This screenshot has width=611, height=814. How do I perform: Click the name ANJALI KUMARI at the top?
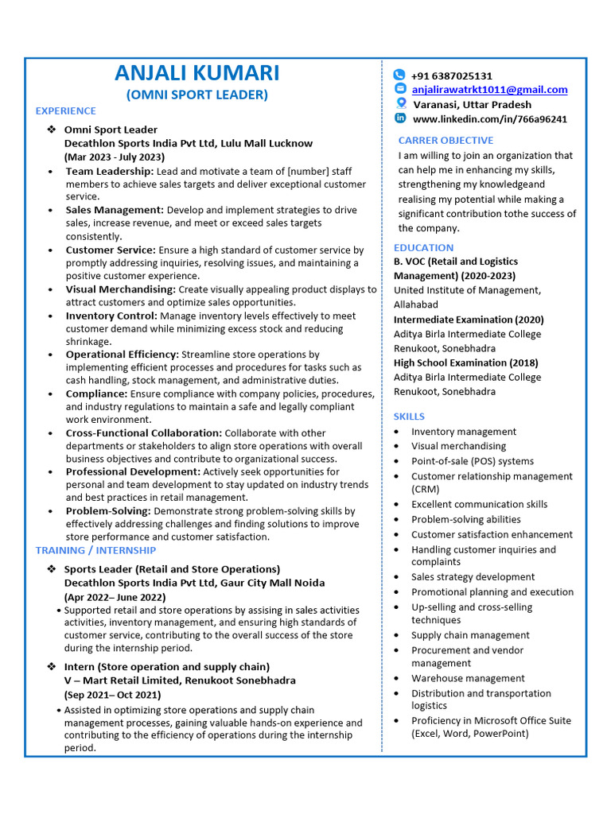click(x=197, y=73)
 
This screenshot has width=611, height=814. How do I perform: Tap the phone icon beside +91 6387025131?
click(x=399, y=75)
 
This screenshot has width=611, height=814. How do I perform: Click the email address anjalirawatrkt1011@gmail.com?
click(x=489, y=90)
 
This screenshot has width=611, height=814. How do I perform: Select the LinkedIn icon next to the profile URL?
click(x=399, y=118)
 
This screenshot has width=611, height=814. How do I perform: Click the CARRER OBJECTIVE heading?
click(x=446, y=141)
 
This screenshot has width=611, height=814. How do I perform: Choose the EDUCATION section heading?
click(x=423, y=247)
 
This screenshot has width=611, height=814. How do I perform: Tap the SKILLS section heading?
click(x=409, y=417)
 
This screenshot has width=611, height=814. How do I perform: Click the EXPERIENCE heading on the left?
click(x=65, y=111)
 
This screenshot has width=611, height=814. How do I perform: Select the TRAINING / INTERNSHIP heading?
click(x=95, y=550)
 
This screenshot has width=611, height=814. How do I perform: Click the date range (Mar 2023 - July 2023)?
click(x=114, y=157)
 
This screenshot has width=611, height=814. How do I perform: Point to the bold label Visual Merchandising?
click(x=120, y=289)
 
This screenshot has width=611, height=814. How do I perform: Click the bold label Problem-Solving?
click(x=108, y=511)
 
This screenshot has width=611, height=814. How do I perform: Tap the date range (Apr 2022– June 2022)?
click(x=115, y=597)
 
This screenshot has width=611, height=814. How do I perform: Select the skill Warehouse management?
click(x=468, y=678)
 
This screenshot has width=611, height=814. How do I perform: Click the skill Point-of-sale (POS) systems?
click(x=473, y=461)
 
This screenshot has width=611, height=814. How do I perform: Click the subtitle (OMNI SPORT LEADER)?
click(x=197, y=95)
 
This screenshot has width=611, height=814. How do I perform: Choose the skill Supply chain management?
click(x=470, y=635)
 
